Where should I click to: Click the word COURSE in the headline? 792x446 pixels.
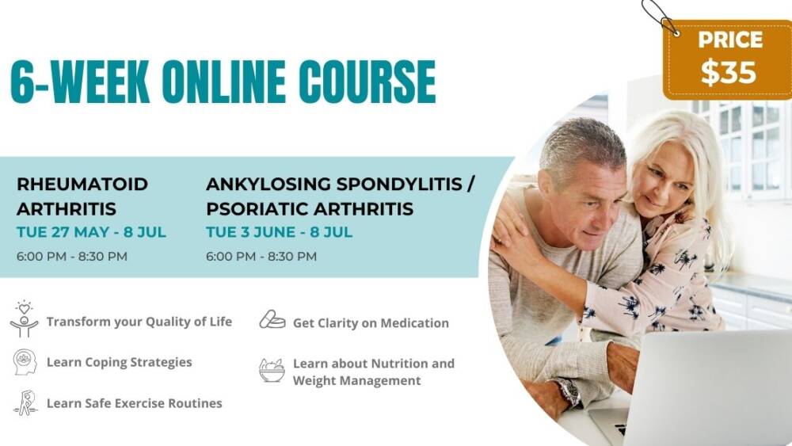click(x=367, y=82)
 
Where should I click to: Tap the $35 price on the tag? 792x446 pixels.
click(x=729, y=72)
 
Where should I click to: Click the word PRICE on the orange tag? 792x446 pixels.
click(x=730, y=40)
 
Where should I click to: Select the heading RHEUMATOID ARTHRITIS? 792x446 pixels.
click(x=82, y=196)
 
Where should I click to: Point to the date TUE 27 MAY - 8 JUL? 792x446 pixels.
click(x=91, y=232)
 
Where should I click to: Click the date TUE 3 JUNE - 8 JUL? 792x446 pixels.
click(x=280, y=232)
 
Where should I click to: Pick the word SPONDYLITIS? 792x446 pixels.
click(x=399, y=184)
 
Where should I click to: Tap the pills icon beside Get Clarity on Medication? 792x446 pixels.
click(x=272, y=319)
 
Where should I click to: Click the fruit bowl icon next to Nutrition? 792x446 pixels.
click(x=272, y=370)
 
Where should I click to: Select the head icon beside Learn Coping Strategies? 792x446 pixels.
click(x=25, y=362)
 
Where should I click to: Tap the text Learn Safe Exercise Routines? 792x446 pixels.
click(x=135, y=403)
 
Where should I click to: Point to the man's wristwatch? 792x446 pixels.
click(x=567, y=391)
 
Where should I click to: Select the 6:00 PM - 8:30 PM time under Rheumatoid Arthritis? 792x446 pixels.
click(x=72, y=256)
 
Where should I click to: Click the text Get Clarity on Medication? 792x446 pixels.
click(x=371, y=323)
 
